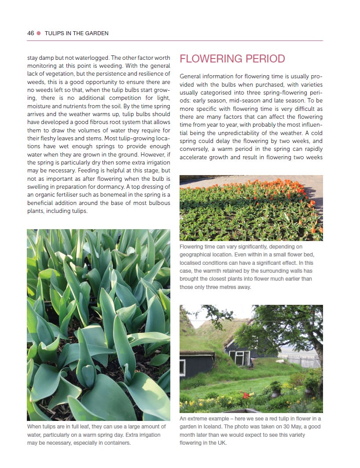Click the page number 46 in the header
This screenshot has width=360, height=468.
point(30,33)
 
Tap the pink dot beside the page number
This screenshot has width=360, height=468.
point(39,33)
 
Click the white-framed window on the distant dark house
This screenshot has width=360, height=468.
point(242,357)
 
